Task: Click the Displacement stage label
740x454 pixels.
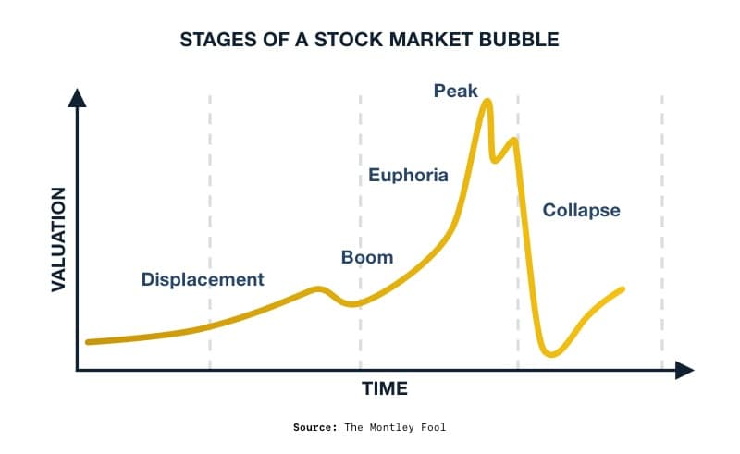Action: [203, 279]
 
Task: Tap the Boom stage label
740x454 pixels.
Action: [367, 257]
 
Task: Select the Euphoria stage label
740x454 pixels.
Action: [408, 175]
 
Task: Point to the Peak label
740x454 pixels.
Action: [456, 91]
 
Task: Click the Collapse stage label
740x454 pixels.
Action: [581, 210]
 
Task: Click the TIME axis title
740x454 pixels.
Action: [384, 388]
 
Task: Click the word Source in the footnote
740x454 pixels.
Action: [315, 427]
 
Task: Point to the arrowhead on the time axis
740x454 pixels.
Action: [684, 371]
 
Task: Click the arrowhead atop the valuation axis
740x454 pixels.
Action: [78, 96]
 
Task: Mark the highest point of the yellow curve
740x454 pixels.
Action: [487, 101]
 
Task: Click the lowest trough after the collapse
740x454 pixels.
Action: [551, 353]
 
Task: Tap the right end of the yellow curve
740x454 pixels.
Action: [623, 288]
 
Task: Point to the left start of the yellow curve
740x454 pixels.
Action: [88, 341]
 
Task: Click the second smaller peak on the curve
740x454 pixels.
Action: [513, 140]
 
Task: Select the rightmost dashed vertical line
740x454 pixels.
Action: [662, 231]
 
